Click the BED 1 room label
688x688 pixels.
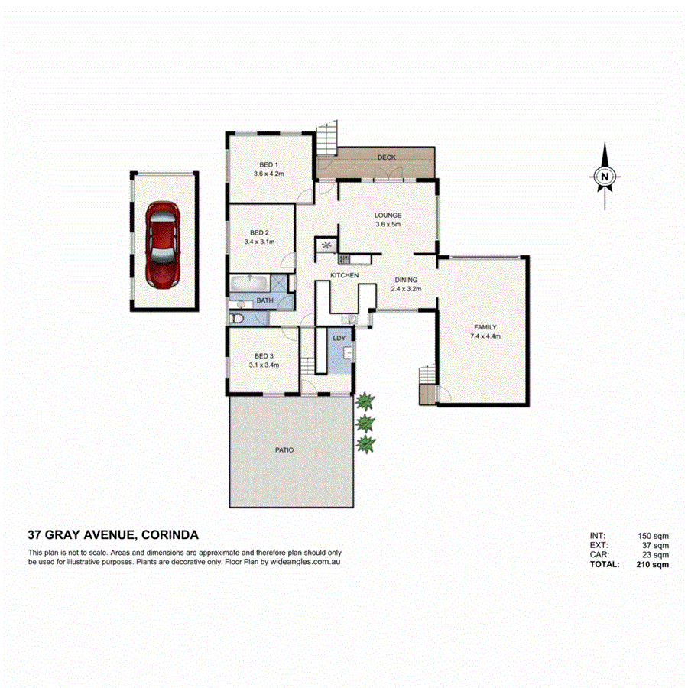click(x=268, y=165)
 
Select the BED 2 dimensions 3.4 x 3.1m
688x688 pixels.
click(x=259, y=242)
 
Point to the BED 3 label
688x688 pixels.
click(x=264, y=356)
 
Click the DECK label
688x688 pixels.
click(x=386, y=157)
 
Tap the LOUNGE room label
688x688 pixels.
click(x=388, y=216)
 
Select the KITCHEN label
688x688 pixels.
click(x=344, y=274)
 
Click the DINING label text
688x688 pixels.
click(x=406, y=280)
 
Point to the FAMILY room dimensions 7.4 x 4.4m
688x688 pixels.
click(x=486, y=336)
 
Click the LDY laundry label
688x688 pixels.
click(x=339, y=338)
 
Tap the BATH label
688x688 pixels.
click(x=264, y=301)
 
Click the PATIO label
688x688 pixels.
click(x=284, y=450)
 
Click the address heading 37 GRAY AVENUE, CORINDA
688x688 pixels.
click(x=113, y=535)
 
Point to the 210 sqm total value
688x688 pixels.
click(x=652, y=565)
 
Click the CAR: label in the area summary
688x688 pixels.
click(x=599, y=556)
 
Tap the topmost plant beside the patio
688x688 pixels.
click(x=366, y=401)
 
